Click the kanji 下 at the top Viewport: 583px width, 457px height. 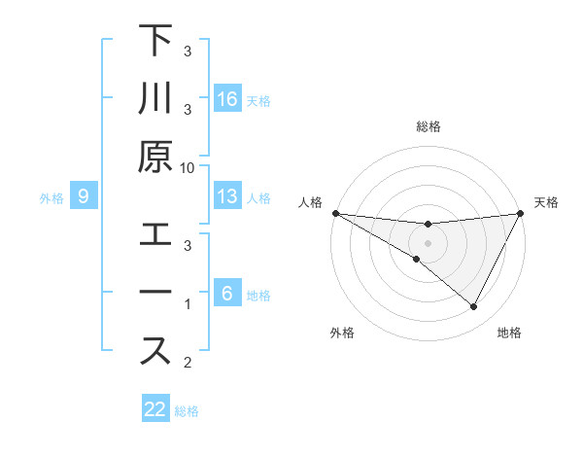[154, 43]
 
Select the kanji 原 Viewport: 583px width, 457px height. [154, 157]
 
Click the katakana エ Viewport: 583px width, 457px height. [154, 235]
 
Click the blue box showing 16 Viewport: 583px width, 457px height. [227, 99]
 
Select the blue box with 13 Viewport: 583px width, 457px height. [227, 197]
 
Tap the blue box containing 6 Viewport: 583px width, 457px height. [226, 295]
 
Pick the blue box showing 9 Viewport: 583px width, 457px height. [84, 197]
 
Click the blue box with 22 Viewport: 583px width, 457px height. [155, 409]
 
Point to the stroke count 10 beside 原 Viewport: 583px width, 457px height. [188, 167]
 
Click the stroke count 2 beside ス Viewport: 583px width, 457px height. [188, 364]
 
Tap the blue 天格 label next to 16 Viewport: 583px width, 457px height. [258, 100]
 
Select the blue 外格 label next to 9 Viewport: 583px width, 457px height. [51, 198]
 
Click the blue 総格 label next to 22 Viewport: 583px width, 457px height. [187, 410]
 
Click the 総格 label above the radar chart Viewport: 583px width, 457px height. [428, 127]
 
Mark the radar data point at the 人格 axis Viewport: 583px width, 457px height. [335, 213]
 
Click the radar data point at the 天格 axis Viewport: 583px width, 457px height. [520, 213]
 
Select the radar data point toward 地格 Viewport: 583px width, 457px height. [474, 307]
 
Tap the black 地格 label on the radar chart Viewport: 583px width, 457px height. [509, 334]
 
